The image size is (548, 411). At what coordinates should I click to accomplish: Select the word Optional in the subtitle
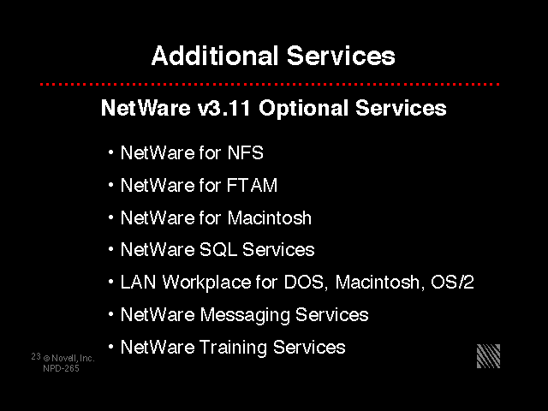pos(303,108)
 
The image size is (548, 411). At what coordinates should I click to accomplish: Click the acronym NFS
pos(246,152)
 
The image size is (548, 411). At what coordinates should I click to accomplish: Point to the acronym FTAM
pos(252,185)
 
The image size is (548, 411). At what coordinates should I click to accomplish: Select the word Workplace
pos(207,283)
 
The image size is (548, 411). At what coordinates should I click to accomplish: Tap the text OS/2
pos(452,282)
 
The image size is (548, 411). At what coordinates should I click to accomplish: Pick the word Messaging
pos(245,315)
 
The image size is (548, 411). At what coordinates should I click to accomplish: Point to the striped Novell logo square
pos(488,356)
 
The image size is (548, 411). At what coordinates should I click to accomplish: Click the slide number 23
pos(36,356)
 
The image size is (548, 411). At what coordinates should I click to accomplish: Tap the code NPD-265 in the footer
pos(61,368)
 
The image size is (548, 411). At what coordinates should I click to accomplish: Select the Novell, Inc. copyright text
pos(68,358)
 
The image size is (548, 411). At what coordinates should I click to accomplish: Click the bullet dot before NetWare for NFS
pos(110,152)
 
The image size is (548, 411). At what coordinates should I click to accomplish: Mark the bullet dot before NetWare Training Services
pos(110,347)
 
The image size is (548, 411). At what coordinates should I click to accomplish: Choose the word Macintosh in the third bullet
pos(270,217)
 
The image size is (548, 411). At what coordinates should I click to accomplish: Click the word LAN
pos(138,282)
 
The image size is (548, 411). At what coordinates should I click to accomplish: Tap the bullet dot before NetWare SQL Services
pos(110,249)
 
